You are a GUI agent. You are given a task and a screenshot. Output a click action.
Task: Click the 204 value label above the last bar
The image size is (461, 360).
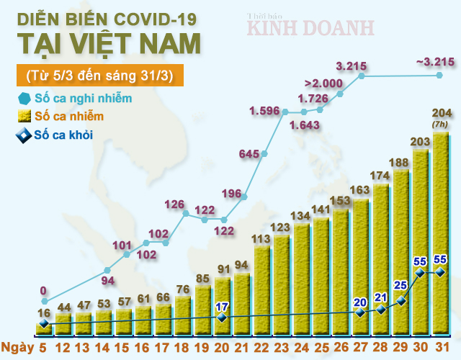[x=440, y=113]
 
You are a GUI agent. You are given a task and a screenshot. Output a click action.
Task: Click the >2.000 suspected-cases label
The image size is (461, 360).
[x=323, y=84]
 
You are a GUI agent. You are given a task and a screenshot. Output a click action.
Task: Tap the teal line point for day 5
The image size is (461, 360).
[x=44, y=300]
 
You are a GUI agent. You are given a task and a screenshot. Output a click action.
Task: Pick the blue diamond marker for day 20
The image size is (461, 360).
[x=222, y=317]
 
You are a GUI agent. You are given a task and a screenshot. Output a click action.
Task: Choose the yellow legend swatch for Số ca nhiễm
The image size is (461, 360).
[x=24, y=116]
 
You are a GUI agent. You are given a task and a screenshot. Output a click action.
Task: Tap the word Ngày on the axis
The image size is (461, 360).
[x=18, y=349]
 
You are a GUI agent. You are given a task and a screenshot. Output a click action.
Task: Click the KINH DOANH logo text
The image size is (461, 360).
[x=311, y=27]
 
